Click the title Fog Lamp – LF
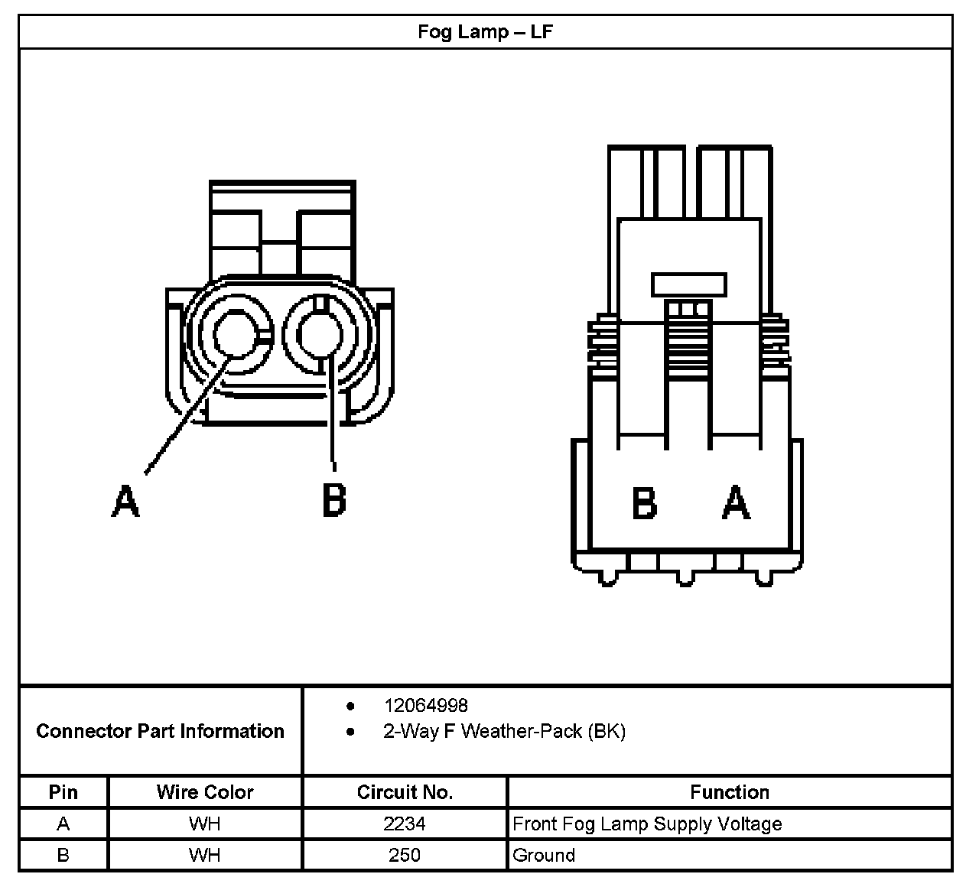485,33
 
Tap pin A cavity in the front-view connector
237,335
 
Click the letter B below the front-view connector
334,501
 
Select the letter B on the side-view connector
645,503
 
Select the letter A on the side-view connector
736,503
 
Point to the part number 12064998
426,705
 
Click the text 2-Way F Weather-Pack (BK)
504,731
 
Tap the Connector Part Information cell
161,731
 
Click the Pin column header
63,792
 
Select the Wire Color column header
205,792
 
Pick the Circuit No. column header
405,792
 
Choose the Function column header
730,792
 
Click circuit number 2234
405,824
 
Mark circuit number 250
405,855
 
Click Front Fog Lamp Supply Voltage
647,824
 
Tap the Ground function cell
544,855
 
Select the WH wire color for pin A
205,824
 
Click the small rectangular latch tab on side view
688,284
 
